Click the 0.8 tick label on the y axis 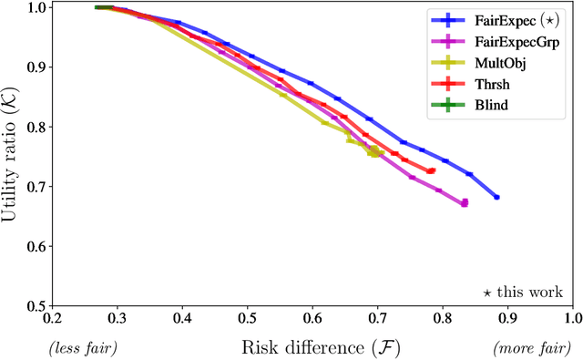tap(36, 127)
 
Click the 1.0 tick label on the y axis tap(36, 8)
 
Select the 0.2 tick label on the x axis tap(53, 320)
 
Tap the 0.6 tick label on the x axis tap(312, 320)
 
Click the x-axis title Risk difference tap(312, 347)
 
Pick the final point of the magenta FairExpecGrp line tap(464, 203)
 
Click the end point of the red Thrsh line tap(432, 170)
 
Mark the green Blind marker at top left tap(103, 7)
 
